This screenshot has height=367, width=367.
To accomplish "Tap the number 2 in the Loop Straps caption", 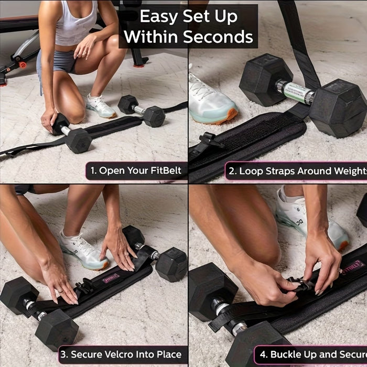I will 231,171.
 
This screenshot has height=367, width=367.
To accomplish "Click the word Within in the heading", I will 150,37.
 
